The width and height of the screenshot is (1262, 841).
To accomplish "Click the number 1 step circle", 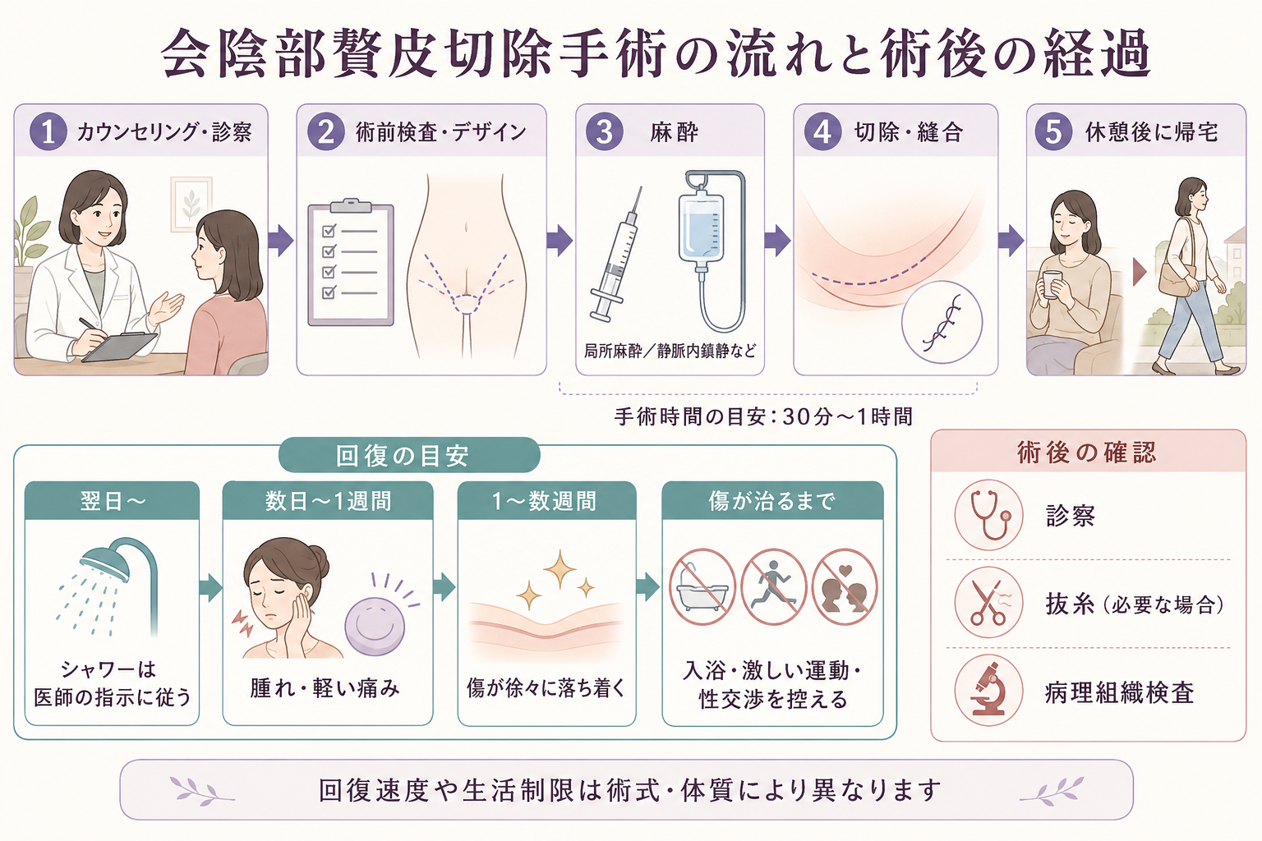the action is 48,132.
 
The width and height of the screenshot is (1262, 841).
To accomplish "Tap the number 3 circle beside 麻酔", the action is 605,132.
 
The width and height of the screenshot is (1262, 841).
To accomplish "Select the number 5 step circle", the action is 1053,132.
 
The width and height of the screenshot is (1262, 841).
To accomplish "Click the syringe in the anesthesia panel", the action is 616,255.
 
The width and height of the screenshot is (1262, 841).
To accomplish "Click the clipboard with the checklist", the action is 351,263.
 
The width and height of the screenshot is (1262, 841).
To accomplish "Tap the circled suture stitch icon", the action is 942,322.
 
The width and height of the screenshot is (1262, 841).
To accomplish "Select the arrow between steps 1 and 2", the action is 280,241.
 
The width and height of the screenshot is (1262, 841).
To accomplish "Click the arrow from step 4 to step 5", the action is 1011,241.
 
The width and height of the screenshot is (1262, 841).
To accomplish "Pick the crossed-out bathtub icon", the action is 702,587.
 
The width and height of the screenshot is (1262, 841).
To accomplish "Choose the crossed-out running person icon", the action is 773,587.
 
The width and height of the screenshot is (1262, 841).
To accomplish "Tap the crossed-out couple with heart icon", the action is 845,587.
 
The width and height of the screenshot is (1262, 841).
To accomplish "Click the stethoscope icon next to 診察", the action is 988,515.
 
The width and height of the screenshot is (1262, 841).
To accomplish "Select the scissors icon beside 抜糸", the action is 988,603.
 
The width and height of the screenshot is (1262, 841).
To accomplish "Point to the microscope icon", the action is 988,691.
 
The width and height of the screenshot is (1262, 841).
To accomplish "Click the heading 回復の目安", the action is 403,456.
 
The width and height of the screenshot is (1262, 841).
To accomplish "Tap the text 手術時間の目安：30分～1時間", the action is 763,417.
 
